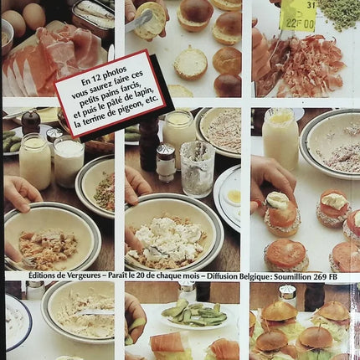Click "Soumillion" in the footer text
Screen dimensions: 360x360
coord(292,277)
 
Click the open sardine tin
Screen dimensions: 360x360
coord(93,16)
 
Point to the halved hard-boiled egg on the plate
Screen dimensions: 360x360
coord(232,197)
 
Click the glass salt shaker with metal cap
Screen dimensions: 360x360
coord(165,162)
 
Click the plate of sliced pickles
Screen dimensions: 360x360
coord(195,315)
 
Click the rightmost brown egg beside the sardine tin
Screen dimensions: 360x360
coord(33,16)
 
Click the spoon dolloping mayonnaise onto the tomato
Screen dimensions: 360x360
coord(275,202)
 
